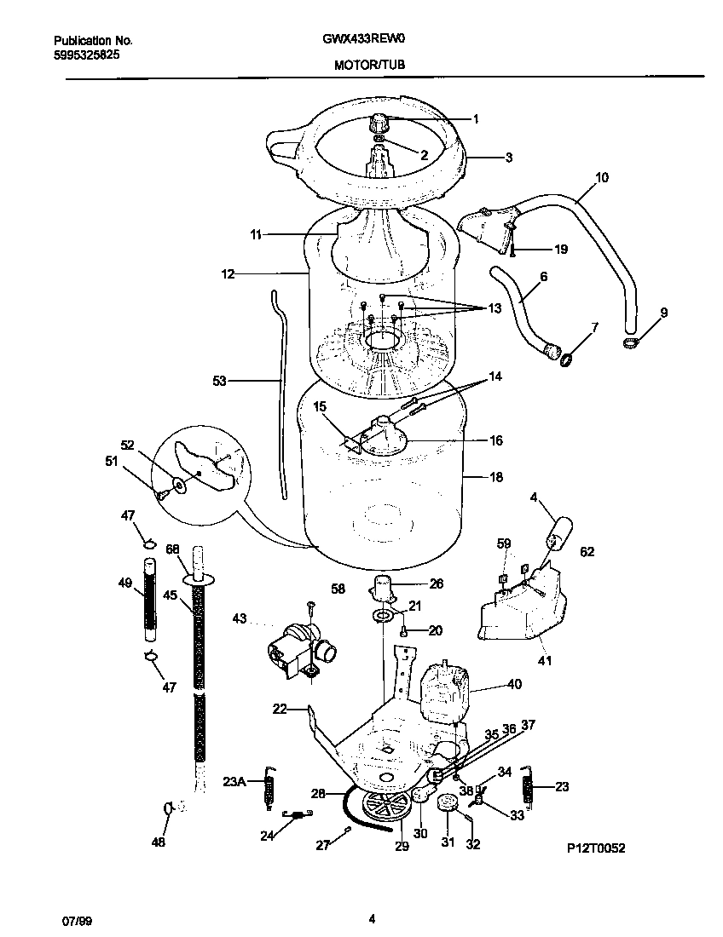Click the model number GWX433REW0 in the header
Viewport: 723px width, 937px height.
coord(369,39)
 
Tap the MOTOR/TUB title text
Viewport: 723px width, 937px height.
coord(369,64)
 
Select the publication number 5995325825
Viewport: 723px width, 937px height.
coord(86,54)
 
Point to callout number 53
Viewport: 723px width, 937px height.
coord(219,382)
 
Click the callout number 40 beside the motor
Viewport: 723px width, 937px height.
coord(514,684)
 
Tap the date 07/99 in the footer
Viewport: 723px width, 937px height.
coord(77,920)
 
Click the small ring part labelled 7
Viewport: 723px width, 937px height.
coord(564,363)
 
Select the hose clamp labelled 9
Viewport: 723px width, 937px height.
coord(630,342)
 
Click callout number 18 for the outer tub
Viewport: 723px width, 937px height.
coord(496,478)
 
